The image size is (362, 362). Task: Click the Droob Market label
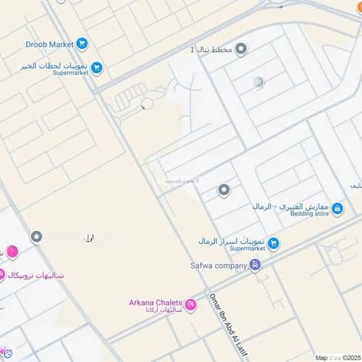click(49, 44)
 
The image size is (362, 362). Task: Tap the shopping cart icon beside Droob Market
click(82, 44)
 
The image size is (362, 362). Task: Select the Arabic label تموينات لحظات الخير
click(54, 64)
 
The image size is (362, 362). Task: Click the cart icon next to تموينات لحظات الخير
click(96, 68)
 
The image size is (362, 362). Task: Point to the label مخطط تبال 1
click(211, 49)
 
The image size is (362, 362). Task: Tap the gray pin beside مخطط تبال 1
click(241, 49)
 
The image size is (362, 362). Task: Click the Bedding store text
click(311, 214)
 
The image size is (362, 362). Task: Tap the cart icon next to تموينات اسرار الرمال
click(273, 243)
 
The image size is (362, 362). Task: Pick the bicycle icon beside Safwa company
click(254, 265)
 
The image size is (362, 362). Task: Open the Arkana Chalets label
click(156, 303)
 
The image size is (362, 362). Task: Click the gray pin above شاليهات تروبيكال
click(36, 237)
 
